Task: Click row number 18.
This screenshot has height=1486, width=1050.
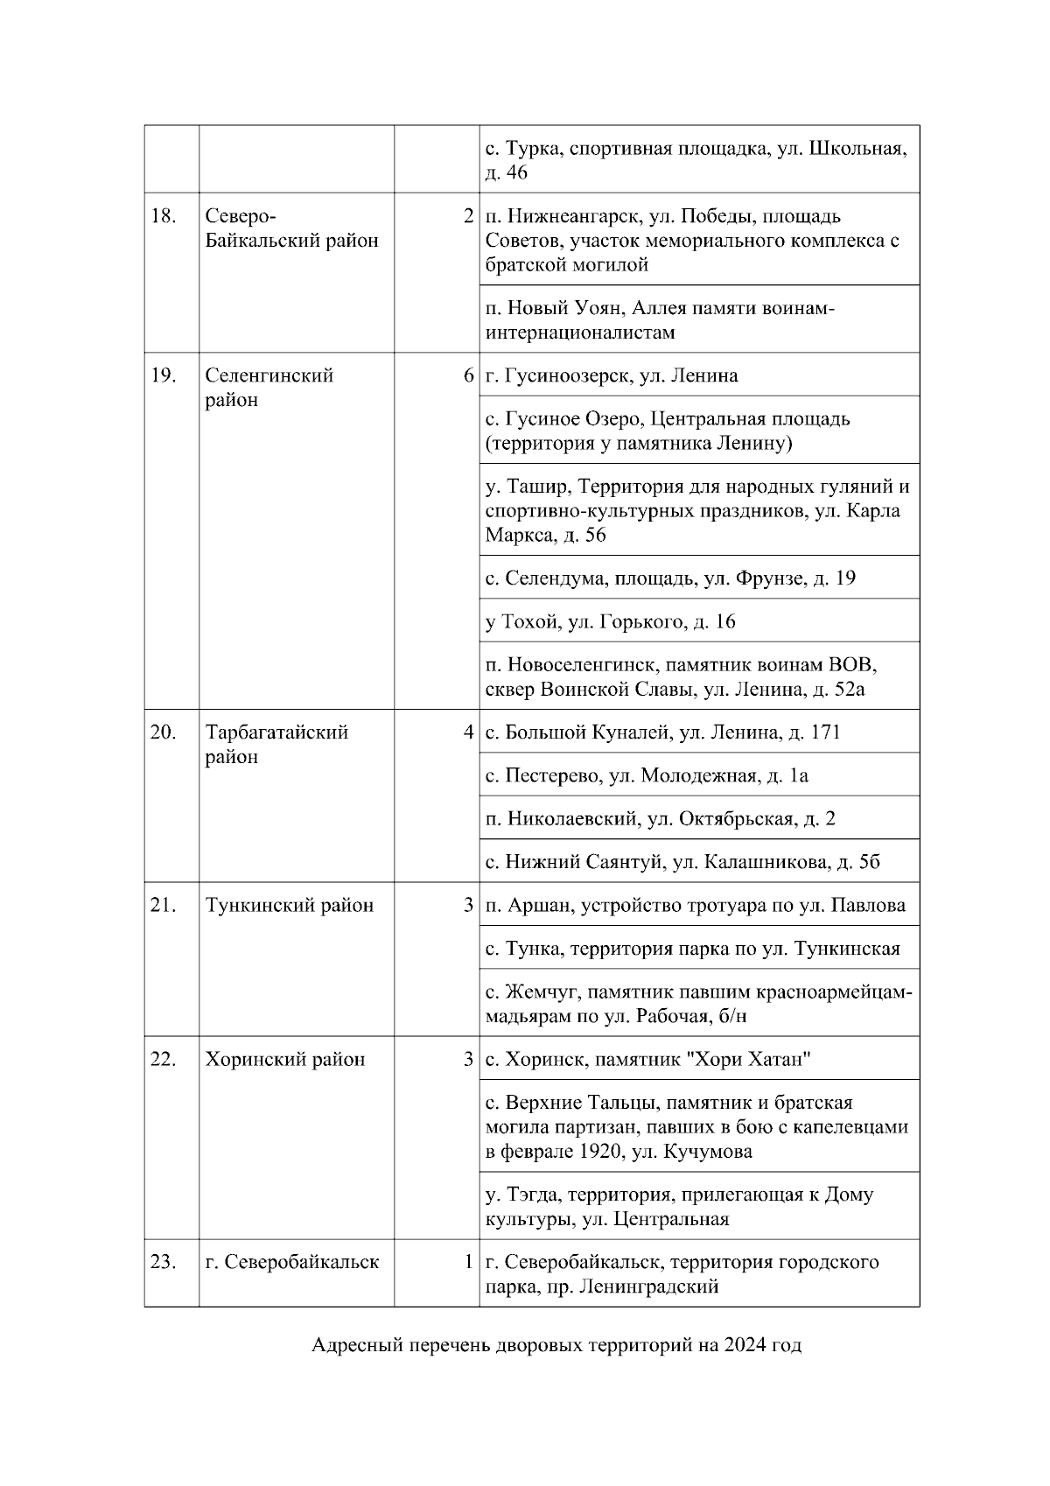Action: (x=164, y=216)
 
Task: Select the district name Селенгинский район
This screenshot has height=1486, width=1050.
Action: (x=269, y=388)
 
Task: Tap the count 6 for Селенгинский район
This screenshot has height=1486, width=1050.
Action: (x=469, y=375)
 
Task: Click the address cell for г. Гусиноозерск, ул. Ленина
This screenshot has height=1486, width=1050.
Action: (x=612, y=375)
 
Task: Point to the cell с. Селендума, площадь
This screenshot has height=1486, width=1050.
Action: (x=670, y=578)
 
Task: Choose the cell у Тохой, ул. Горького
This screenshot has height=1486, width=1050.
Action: (x=611, y=621)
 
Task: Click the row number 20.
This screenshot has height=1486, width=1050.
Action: (x=164, y=732)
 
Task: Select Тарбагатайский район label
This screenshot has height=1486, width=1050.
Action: (x=276, y=744)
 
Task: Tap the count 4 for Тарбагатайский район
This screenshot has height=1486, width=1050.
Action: (x=469, y=732)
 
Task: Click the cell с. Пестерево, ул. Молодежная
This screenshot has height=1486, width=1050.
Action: (x=647, y=775)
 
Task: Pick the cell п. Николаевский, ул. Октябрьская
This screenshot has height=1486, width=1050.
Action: (x=661, y=818)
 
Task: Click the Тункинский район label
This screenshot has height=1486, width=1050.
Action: (x=289, y=905)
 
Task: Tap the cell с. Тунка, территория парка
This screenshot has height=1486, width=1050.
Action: (x=692, y=949)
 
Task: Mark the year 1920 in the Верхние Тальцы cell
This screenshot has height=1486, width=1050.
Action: (x=603, y=1152)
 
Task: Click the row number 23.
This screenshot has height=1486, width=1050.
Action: (x=164, y=1262)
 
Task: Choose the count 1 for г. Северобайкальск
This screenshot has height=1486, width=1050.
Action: (x=469, y=1262)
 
